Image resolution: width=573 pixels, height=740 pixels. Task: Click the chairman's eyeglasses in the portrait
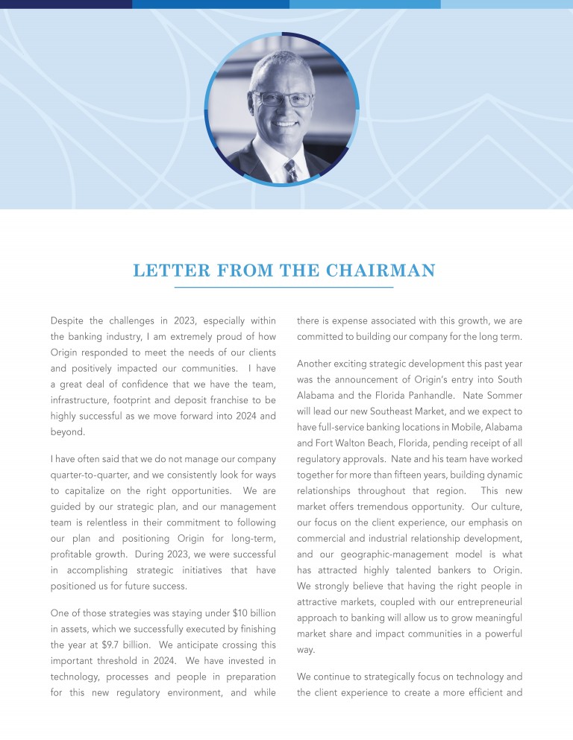pyautogui.click(x=284, y=99)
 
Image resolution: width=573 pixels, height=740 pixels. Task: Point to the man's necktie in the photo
pyautogui.click(x=290, y=171)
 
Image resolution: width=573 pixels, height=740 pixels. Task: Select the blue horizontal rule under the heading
pyautogui.click(x=284, y=287)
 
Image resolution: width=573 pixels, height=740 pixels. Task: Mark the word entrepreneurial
pyautogui.click(x=485, y=601)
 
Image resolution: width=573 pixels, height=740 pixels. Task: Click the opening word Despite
pyautogui.click(x=66, y=321)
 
